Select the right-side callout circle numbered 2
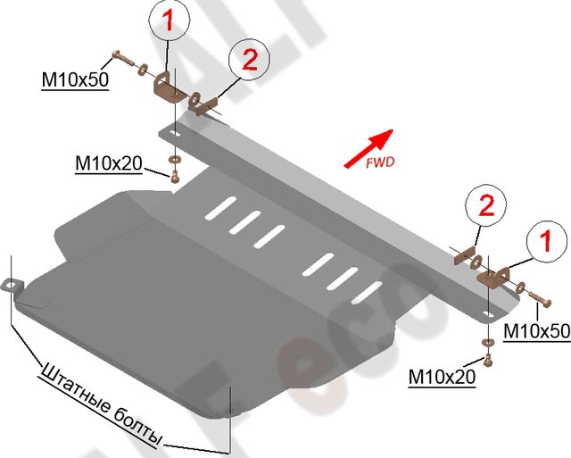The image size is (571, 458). coord(486,206)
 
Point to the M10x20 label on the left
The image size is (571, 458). coord(108,164)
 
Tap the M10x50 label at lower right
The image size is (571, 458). coord(537,331)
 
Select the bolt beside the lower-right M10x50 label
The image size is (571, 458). coord(535,293)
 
